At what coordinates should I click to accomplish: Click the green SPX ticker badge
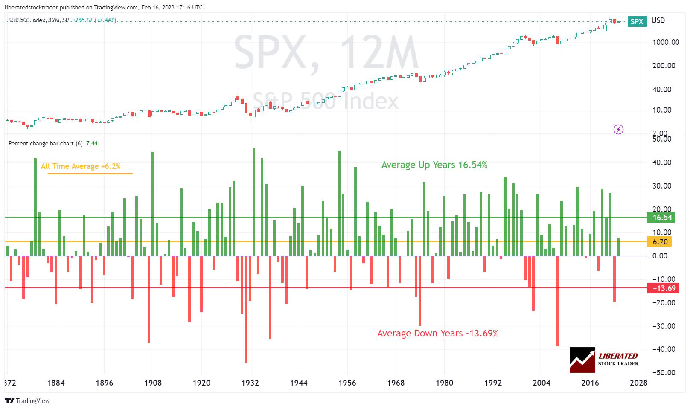click(x=637, y=21)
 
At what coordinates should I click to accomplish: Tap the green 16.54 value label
click(x=662, y=218)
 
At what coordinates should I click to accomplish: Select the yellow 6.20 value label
click(x=660, y=242)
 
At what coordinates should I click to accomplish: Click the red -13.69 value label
click(x=664, y=288)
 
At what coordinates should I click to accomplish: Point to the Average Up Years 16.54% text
click(x=434, y=165)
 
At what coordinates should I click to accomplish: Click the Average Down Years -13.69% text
click(x=437, y=334)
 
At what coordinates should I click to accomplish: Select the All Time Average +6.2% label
click(x=81, y=166)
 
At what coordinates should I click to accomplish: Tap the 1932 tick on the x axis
click(x=250, y=383)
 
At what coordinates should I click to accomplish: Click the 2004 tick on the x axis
click(x=542, y=383)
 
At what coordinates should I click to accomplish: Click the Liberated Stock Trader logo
click(x=604, y=360)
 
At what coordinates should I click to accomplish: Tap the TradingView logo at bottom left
click(x=27, y=400)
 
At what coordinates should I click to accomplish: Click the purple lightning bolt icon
click(x=618, y=129)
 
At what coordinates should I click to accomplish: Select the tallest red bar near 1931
click(x=246, y=309)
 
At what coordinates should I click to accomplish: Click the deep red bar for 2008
click(x=558, y=301)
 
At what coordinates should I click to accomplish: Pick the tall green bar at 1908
click(x=153, y=204)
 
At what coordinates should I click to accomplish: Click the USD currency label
click(x=658, y=20)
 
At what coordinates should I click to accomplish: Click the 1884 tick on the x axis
click(x=56, y=383)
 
